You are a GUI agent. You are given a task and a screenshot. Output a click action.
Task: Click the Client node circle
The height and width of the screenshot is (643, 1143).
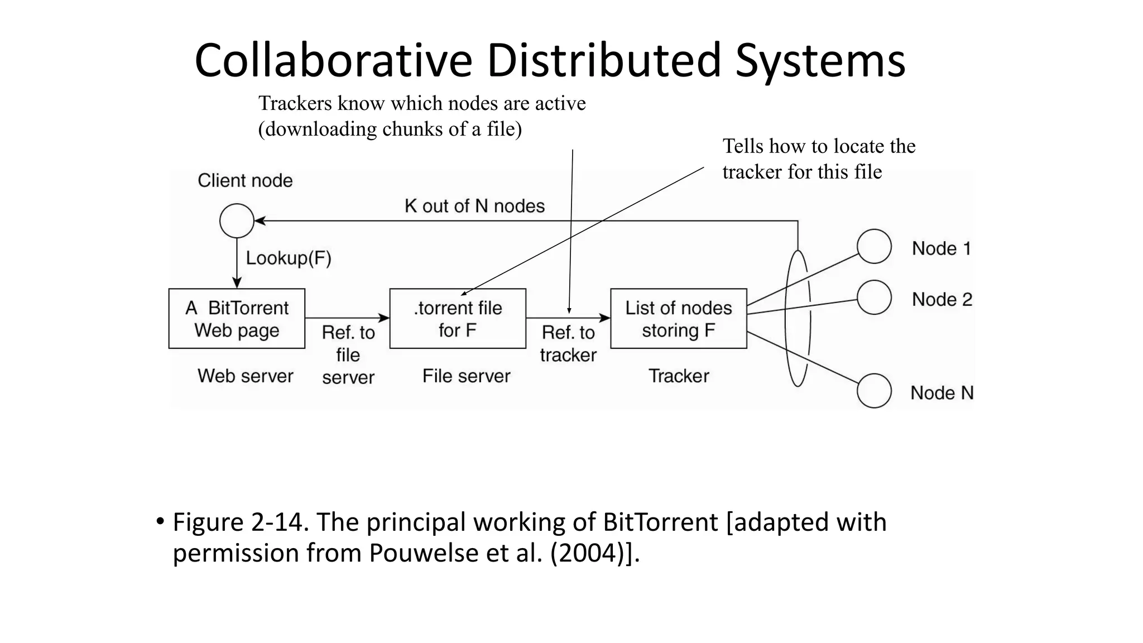pyautogui.click(x=237, y=220)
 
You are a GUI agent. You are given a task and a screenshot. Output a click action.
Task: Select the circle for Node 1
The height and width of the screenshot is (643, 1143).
pyautogui.click(x=873, y=246)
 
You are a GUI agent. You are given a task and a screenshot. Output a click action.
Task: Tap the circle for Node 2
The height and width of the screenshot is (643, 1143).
pyautogui.click(x=873, y=297)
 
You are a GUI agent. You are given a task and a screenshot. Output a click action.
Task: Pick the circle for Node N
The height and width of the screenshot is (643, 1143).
pyautogui.click(x=873, y=391)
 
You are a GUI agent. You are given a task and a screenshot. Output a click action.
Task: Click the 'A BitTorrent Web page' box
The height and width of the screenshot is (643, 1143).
pyautogui.click(x=237, y=319)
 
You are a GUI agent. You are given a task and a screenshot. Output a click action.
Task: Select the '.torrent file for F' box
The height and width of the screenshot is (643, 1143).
pyautogui.click(x=458, y=319)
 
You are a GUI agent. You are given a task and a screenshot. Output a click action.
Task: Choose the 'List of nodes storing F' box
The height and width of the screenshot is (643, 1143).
pyautogui.click(x=678, y=319)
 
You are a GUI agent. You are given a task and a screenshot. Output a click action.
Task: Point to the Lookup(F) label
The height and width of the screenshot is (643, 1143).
pyautogui.click(x=289, y=258)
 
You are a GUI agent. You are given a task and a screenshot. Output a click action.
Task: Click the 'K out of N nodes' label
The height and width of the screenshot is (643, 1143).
pyautogui.click(x=474, y=206)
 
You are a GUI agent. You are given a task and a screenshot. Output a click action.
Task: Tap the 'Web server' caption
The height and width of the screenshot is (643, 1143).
pyautogui.click(x=245, y=376)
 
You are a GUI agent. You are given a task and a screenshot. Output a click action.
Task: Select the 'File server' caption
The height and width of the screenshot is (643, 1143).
pyautogui.click(x=466, y=376)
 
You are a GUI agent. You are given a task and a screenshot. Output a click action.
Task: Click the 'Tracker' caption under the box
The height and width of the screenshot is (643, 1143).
pyautogui.click(x=678, y=376)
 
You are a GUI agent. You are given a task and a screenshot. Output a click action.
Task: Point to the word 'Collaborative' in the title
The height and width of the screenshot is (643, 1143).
pyautogui.click(x=333, y=60)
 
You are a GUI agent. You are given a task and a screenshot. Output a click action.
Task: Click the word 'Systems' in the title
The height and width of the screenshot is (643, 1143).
pyautogui.click(x=820, y=60)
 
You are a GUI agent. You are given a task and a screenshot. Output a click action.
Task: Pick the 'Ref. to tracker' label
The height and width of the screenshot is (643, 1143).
pyautogui.click(x=568, y=343)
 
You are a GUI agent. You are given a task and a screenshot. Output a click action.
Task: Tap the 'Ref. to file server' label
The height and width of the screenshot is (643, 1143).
pyautogui.click(x=348, y=354)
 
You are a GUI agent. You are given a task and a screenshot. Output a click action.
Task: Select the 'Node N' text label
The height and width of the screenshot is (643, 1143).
pyautogui.click(x=942, y=393)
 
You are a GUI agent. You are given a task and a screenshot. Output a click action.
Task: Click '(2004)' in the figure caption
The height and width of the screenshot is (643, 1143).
pyautogui.click(x=587, y=553)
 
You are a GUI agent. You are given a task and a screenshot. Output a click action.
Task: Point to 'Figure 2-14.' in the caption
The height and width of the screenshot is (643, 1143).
pyautogui.click(x=241, y=522)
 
